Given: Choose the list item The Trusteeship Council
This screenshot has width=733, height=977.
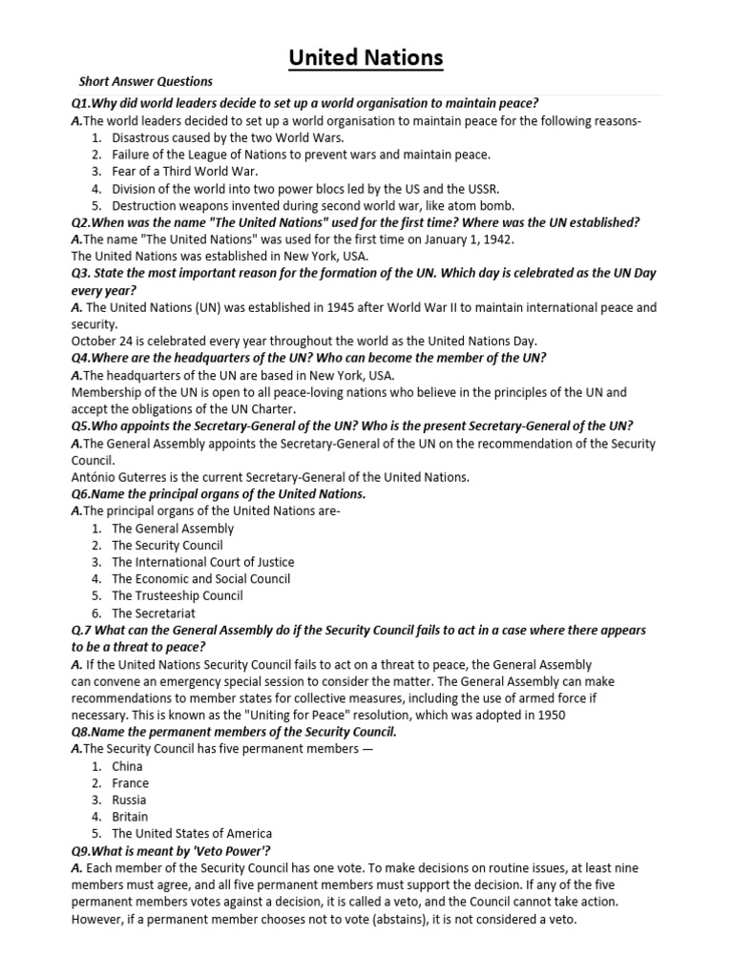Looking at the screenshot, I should coord(178,595).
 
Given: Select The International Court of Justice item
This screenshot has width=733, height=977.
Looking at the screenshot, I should coord(203,562).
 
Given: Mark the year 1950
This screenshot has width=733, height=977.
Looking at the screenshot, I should coord(550,715).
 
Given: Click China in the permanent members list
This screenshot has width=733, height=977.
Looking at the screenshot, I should coord(127,766).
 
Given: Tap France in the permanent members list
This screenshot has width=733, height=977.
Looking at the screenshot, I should coord(130,783).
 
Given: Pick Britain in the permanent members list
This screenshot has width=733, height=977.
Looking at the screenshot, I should coord(130,817).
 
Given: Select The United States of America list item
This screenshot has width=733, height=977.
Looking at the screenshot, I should coord(192,834).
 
